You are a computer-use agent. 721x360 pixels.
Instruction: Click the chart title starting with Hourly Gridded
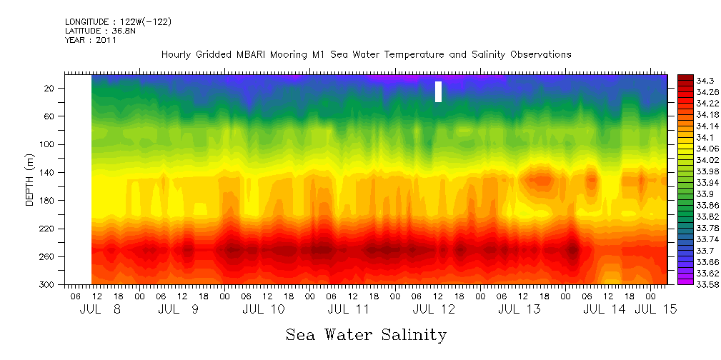tap(366, 54)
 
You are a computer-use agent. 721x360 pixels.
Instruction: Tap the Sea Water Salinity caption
tap(366, 334)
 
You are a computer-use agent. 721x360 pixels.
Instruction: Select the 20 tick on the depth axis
tap(50, 88)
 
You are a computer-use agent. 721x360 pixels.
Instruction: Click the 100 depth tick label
tap(48, 144)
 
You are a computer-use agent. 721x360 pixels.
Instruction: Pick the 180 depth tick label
tap(48, 201)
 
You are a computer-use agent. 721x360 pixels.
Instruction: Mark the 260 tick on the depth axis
tap(48, 257)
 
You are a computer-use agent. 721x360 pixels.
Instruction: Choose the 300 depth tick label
tap(48, 285)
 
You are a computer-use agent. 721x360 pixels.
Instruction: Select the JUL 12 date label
tap(434, 309)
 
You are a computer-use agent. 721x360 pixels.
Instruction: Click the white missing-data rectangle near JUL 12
tap(438, 91)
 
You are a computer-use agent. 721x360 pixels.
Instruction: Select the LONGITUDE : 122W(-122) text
tap(118, 21)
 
